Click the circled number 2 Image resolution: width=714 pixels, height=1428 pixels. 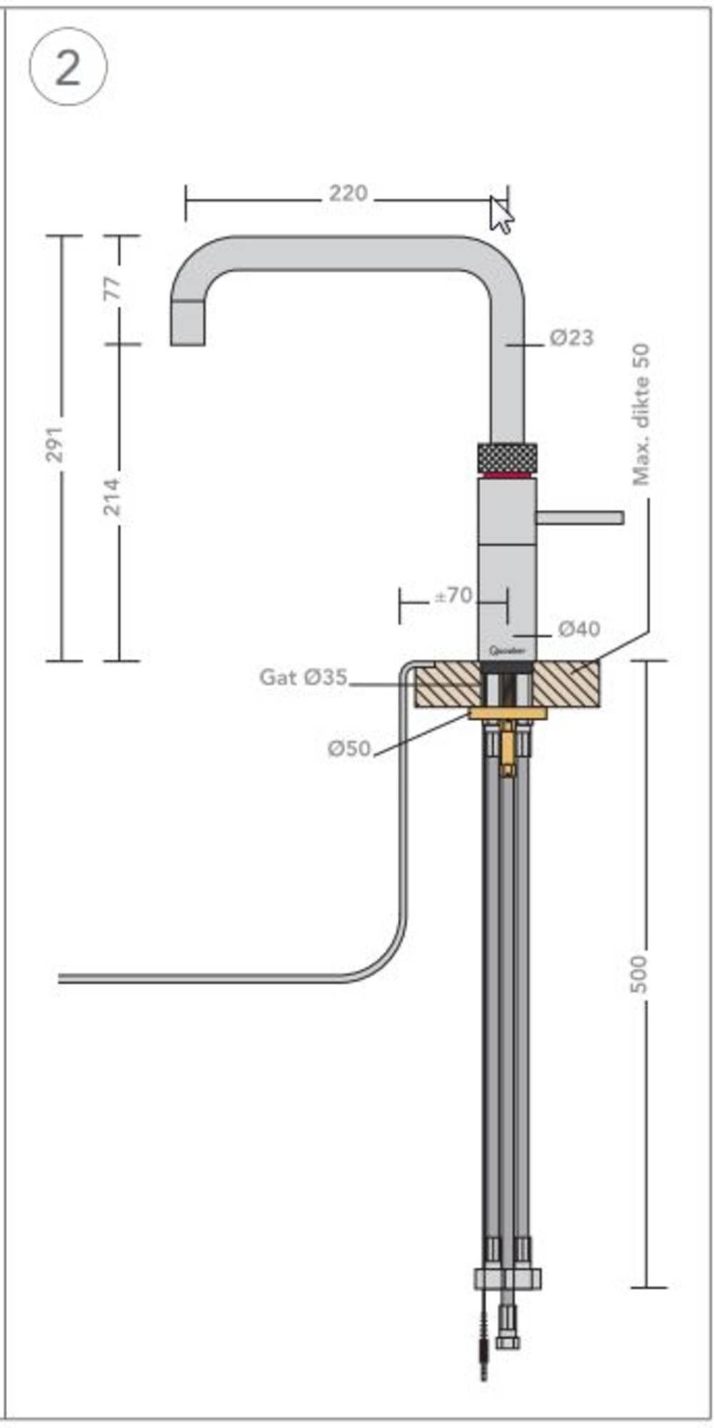click(x=68, y=68)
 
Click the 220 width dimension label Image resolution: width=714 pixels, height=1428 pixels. click(x=348, y=193)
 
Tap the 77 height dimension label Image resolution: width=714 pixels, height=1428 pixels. click(x=113, y=288)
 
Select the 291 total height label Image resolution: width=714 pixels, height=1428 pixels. click(x=55, y=443)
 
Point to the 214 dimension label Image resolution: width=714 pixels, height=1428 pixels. click(x=113, y=496)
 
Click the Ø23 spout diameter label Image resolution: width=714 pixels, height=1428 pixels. click(x=571, y=338)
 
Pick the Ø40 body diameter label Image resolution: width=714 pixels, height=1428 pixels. click(x=578, y=629)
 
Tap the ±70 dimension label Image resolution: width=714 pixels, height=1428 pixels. click(x=453, y=595)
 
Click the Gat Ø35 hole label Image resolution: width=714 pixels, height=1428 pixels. click(x=303, y=677)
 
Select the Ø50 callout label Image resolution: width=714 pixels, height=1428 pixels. click(x=349, y=748)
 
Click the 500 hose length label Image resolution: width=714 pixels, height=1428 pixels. click(x=639, y=972)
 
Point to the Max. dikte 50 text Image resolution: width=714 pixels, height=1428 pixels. click(x=641, y=414)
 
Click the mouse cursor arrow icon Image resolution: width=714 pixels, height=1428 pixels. click(x=501, y=216)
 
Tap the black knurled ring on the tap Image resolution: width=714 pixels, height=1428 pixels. click(x=506, y=457)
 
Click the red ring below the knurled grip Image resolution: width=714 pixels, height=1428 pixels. click(x=506, y=475)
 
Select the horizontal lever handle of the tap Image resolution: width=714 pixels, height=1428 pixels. click(x=580, y=517)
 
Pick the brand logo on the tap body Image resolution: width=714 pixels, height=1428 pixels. click(x=507, y=650)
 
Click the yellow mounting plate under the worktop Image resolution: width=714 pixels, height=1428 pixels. click(x=507, y=713)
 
